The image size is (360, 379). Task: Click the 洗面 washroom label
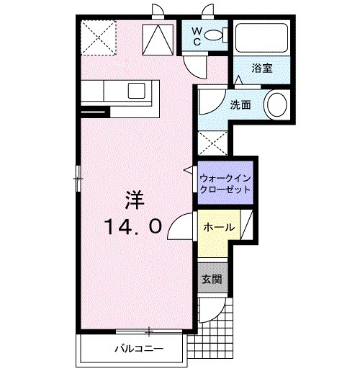tap(240, 104)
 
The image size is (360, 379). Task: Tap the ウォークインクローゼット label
tap(225, 181)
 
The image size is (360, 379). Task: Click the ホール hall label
tap(219, 227)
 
